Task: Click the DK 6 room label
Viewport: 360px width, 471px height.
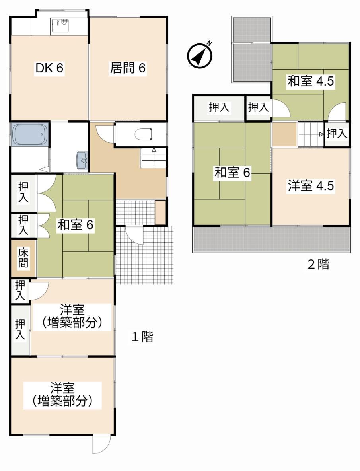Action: click(49, 68)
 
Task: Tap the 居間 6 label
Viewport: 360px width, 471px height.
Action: click(128, 68)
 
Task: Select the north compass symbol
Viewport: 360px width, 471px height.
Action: click(199, 54)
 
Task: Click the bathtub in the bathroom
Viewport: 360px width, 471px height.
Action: click(30, 134)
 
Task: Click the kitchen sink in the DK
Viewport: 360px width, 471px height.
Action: click(60, 25)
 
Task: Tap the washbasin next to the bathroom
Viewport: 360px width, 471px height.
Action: click(82, 160)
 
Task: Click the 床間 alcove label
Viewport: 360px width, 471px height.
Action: click(23, 257)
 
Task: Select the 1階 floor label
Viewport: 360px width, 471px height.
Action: click(142, 337)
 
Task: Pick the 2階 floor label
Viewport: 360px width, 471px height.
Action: click(318, 264)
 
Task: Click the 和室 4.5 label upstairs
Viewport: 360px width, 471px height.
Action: click(311, 81)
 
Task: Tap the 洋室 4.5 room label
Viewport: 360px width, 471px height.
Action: click(311, 186)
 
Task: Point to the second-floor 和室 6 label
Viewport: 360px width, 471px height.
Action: click(232, 173)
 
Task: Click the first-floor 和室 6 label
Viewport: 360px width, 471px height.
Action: click(75, 225)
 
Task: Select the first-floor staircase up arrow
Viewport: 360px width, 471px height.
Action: click(154, 156)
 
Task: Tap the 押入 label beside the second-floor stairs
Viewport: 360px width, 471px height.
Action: click(337, 133)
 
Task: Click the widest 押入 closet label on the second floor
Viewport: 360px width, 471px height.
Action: click(219, 107)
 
